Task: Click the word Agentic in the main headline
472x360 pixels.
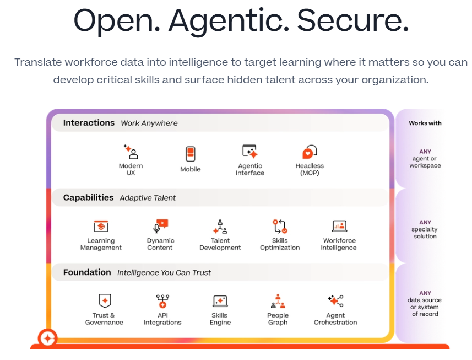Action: tap(229, 21)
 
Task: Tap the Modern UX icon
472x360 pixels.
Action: tap(131, 152)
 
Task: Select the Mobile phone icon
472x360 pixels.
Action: tap(190, 154)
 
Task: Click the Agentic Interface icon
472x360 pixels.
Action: tap(250, 151)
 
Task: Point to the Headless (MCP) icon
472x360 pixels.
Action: tap(310, 152)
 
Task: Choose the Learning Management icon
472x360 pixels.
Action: tap(101, 226)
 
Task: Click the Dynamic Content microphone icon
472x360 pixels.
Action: tap(160, 226)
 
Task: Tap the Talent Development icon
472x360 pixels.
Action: tap(220, 227)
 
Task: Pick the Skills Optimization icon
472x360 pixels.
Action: tap(280, 227)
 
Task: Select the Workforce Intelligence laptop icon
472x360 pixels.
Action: tap(340, 226)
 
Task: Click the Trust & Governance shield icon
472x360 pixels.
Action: tap(105, 301)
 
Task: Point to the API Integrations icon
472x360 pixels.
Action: tap(162, 301)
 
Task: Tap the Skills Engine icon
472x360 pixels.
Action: tap(220, 301)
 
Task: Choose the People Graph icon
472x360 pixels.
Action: tap(278, 301)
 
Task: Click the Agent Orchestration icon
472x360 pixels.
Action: tap(335, 301)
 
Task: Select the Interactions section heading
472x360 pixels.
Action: tap(89, 123)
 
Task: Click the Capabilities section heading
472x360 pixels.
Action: tap(88, 197)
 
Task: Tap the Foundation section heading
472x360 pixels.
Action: tap(87, 272)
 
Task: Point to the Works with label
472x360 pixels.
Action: tap(425, 123)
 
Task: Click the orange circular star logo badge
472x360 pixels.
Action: tap(47, 338)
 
